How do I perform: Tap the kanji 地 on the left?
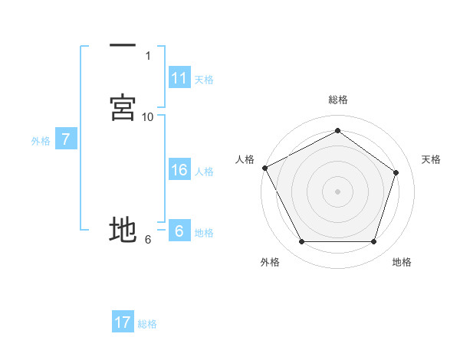click(x=123, y=229)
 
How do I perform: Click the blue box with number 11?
click(x=179, y=78)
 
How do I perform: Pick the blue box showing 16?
click(x=179, y=170)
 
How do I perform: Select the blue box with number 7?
click(x=67, y=139)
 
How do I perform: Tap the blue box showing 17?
click(x=123, y=322)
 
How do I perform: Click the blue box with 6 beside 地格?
click(x=179, y=231)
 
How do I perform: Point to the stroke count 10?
click(x=148, y=116)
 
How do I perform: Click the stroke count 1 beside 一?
click(x=148, y=55)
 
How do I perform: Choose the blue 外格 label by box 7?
click(x=41, y=141)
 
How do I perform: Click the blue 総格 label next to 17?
click(x=147, y=324)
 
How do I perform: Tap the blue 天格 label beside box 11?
click(x=204, y=80)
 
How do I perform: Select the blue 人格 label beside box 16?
click(x=204, y=172)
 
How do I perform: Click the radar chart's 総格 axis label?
click(x=338, y=100)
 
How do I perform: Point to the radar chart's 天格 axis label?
click(x=431, y=159)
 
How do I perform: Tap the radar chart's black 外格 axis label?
click(x=270, y=262)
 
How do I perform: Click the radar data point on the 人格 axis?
click(x=264, y=168)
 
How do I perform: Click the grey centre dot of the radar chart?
click(x=338, y=191)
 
